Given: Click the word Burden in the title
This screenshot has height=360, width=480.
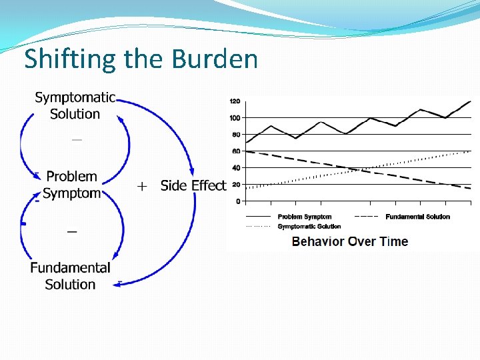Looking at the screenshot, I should point(214,59).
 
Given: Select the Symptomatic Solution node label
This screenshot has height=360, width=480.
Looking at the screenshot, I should point(75,105).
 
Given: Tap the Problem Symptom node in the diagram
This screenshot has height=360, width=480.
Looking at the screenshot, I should point(71,185).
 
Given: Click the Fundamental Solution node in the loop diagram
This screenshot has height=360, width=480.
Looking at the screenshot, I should point(70,276).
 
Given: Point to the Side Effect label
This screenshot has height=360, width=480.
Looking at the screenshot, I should point(193,185).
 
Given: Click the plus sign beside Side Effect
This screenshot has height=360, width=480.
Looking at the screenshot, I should point(141,187).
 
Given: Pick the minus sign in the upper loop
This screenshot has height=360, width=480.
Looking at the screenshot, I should point(77,140).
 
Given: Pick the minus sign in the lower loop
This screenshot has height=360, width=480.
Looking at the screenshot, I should point(72,231).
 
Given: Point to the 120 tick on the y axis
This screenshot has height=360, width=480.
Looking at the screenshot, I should point(235,101).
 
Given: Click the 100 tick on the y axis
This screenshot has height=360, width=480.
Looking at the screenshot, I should point(235,118).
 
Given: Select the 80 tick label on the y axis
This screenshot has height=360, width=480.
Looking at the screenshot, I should point(236,135).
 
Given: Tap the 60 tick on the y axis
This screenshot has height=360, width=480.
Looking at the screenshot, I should point(236,151).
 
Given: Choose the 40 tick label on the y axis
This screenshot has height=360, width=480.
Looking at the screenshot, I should point(236,168).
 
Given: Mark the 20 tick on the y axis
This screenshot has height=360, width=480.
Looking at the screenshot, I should point(236,185).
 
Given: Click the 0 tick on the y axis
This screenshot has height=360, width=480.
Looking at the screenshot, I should point(238,201).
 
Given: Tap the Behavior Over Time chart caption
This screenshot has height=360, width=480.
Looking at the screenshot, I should point(349,241).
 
